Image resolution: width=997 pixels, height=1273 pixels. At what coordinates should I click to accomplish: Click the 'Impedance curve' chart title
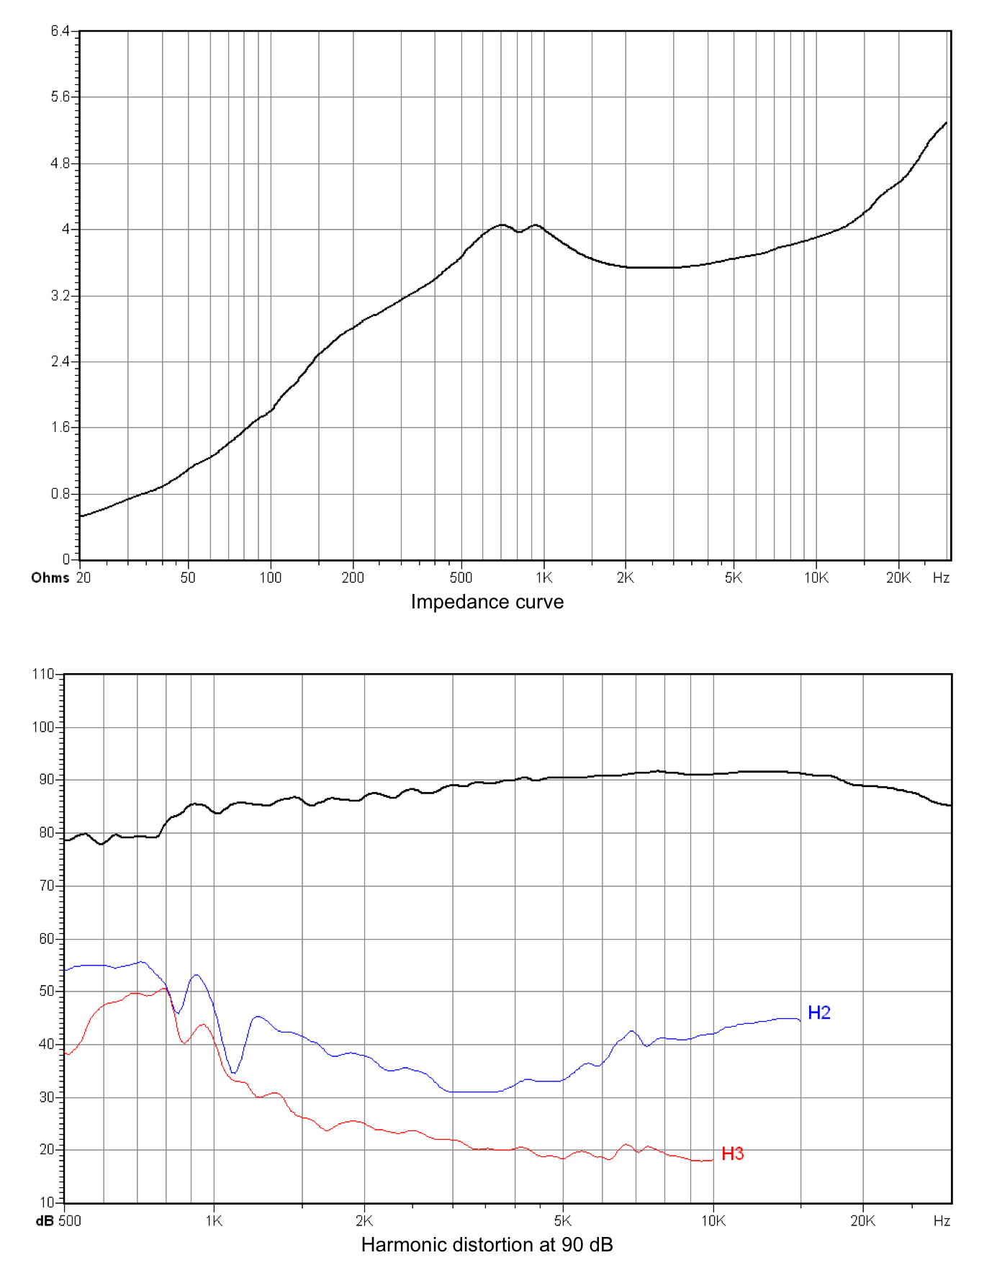pyautogui.click(x=487, y=602)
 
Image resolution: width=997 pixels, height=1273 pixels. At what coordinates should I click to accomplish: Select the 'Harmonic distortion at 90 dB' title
pyautogui.click(x=487, y=1245)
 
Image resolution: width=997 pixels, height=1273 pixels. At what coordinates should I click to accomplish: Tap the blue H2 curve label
pyautogui.click(x=819, y=1012)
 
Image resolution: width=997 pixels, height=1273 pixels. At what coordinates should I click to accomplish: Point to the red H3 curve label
pyautogui.click(x=732, y=1153)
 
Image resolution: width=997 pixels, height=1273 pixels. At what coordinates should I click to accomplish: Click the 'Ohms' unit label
pyautogui.click(x=50, y=578)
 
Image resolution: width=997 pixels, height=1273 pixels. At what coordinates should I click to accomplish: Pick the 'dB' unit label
pyautogui.click(x=45, y=1221)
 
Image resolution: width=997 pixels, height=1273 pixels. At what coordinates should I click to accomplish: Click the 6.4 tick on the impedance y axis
pyautogui.click(x=60, y=31)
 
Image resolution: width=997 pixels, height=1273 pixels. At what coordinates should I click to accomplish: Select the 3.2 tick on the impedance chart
pyautogui.click(x=60, y=295)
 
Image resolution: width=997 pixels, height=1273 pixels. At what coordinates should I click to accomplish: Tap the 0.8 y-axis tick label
pyautogui.click(x=60, y=494)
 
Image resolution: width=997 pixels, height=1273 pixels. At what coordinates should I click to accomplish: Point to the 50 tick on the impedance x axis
pyautogui.click(x=188, y=578)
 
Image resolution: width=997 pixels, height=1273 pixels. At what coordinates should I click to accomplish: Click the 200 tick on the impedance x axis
pyautogui.click(x=353, y=578)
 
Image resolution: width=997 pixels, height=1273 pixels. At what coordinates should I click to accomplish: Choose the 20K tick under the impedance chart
pyautogui.click(x=898, y=578)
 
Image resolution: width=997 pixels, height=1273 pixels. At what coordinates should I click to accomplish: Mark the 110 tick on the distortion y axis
pyautogui.click(x=42, y=675)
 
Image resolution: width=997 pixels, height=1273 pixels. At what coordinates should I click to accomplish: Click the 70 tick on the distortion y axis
pyautogui.click(x=46, y=886)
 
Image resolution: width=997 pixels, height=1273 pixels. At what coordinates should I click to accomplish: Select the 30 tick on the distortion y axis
pyautogui.click(x=46, y=1097)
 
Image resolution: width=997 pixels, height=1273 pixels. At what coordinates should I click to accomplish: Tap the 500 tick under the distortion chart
pyautogui.click(x=70, y=1221)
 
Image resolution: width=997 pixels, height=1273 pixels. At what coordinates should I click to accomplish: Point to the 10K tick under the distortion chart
pyautogui.click(x=713, y=1221)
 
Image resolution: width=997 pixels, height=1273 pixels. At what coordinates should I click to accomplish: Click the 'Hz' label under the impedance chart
pyautogui.click(x=941, y=578)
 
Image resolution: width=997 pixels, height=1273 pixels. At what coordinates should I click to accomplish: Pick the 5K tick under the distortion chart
pyautogui.click(x=562, y=1221)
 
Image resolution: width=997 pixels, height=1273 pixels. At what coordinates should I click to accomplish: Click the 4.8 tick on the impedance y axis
pyautogui.click(x=60, y=163)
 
